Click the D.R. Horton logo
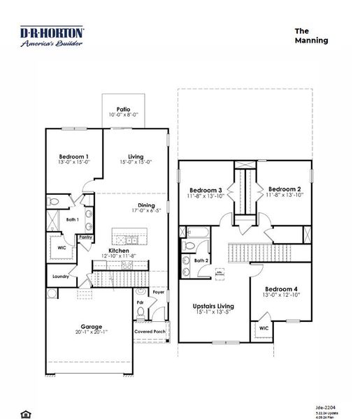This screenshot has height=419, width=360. click(52, 36)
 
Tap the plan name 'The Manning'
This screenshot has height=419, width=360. click(311, 36)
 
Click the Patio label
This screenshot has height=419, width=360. click(123, 109)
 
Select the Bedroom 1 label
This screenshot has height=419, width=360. click(73, 156)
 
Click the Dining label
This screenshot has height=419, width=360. click(145, 205)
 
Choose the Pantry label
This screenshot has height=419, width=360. click(85, 237)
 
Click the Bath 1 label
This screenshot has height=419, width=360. click(73, 219)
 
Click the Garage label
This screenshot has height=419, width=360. click(91, 326)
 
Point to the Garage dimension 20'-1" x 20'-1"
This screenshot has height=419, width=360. click(91, 332)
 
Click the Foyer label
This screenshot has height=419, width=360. click(158, 292)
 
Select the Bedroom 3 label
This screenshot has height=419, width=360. click(206, 190)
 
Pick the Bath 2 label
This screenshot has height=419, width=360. click(201, 260)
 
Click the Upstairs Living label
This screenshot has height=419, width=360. click(213, 306)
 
